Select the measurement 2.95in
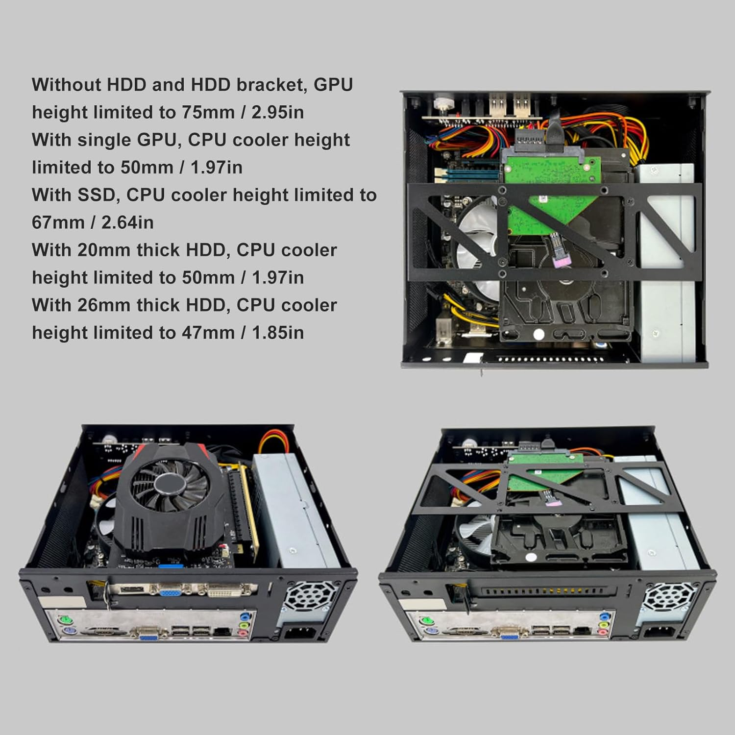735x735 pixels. tap(277, 113)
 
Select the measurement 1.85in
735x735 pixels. tap(277, 333)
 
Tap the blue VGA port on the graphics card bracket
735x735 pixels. tap(169, 592)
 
